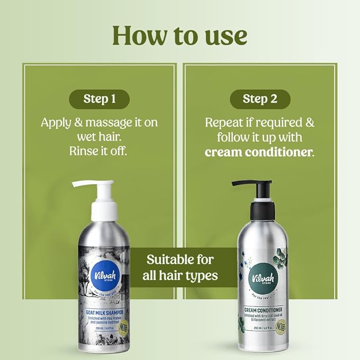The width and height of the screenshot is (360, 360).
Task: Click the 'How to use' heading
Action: (180, 35)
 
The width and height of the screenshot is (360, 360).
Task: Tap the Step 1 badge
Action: (99, 99)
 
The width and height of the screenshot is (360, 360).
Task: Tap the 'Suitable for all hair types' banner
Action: (180, 268)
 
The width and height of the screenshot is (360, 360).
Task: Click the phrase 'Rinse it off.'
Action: (99, 151)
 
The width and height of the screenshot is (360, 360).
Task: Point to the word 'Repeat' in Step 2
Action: (223, 122)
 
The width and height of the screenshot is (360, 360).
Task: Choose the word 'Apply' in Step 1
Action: (56, 122)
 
